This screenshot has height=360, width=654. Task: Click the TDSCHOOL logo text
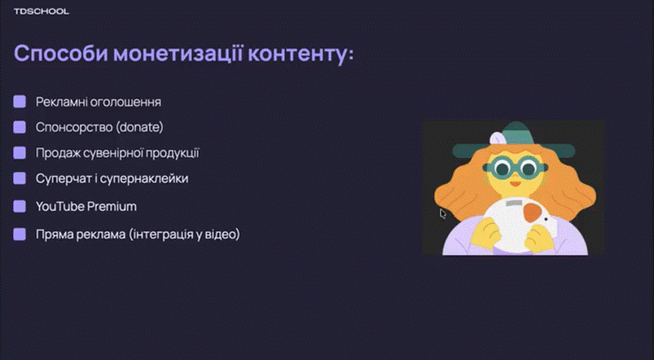[42, 12]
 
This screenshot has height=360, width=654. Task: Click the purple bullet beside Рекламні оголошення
[20, 103]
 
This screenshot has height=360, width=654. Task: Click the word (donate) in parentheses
[139, 128]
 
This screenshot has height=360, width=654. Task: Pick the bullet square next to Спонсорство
[20, 128]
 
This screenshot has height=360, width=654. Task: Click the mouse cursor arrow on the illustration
[443, 213]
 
